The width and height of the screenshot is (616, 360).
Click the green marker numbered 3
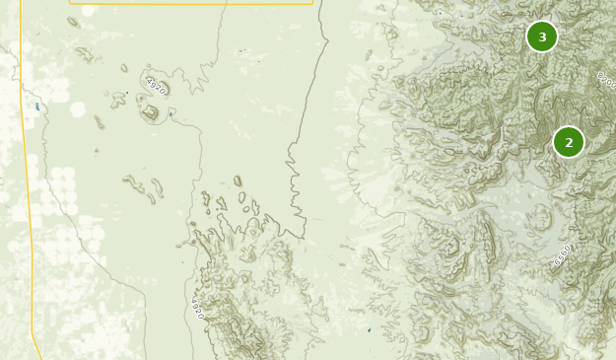[541, 36]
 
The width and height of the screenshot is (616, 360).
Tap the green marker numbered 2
[568, 142]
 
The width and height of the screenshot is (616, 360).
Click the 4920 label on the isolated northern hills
[155, 86]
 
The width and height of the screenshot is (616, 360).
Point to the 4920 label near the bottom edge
[197, 309]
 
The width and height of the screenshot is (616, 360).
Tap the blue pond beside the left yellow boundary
[37, 106]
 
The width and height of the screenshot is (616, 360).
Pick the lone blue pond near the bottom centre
[370, 329]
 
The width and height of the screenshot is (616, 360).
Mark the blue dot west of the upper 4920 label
[126, 93]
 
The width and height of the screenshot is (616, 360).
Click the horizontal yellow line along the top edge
[187, 3]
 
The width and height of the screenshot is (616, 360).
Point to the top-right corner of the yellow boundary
[312, 3]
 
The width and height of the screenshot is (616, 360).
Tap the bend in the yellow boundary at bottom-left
[33, 332]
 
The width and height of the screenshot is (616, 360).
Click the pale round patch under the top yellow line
[88, 11]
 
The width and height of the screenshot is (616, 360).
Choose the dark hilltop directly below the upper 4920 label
[151, 112]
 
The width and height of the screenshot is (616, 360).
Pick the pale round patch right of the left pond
[78, 109]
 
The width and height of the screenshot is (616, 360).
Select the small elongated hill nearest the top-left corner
[84, 53]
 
